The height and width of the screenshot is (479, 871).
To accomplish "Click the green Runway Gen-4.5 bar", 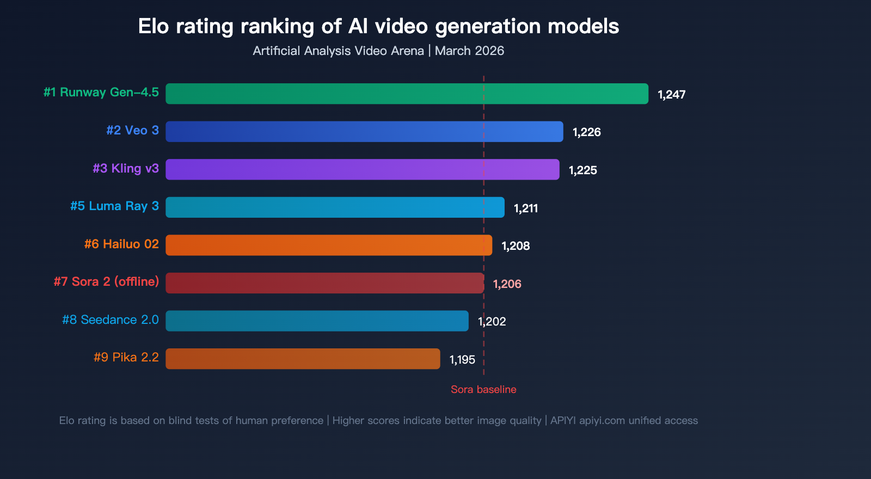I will (x=407, y=94).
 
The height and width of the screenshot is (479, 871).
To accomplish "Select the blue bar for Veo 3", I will (x=364, y=132).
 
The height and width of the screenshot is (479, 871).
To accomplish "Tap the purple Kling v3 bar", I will (x=362, y=169).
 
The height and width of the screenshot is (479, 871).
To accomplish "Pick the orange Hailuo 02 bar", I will (x=329, y=245).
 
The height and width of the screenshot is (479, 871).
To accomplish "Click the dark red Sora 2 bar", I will (x=324, y=283).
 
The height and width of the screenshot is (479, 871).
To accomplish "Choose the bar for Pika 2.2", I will (x=303, y=359).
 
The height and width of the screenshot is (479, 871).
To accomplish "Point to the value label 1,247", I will (x=671, y=95).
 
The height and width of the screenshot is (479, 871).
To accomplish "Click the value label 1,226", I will (x=586, y=132).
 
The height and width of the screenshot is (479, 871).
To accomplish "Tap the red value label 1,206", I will (x=507, y=284).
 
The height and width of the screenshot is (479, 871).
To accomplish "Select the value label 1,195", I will (x=462, y=360).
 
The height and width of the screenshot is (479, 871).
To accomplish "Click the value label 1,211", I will (x=526, y=208).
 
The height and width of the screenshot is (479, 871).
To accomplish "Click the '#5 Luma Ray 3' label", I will (x=114, y=206).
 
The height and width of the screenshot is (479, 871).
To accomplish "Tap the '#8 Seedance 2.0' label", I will (x=110, y=320).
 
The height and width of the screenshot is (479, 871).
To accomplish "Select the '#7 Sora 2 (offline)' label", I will (x=106, y=282).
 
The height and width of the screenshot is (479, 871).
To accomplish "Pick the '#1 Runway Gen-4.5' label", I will (x=101, y=93).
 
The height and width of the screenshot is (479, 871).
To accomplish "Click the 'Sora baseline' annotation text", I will (x=483, y=390).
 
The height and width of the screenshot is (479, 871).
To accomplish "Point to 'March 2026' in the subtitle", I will (x=469, y=51).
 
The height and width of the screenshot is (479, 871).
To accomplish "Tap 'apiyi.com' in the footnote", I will (x=602, y=421).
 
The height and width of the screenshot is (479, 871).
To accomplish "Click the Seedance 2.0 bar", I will (x=317, y=321).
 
